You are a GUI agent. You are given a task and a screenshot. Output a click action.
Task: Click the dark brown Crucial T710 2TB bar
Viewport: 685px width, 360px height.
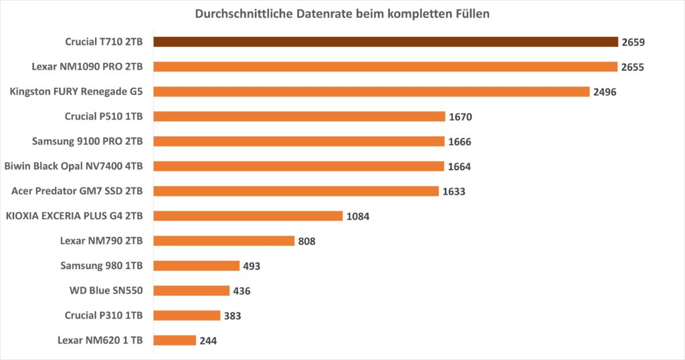(x=385, y=42)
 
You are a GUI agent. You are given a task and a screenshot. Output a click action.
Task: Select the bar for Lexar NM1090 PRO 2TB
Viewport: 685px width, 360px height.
(x=385, y=67)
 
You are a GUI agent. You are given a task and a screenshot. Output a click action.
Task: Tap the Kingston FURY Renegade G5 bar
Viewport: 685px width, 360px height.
(x=371, y=92)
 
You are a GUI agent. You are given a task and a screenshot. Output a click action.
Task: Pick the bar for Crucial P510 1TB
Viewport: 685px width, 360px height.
(x=299, y=116)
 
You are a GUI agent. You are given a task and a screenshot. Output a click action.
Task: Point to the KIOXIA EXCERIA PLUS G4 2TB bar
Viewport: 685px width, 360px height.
(x=248, y=216)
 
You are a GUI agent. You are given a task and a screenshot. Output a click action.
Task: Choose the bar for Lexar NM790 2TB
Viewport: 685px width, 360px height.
(x=224, y=241)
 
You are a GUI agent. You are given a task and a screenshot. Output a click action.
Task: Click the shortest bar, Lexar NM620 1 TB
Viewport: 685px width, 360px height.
(x=175, y=341)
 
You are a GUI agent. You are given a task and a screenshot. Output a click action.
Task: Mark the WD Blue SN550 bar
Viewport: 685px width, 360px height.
(x=191, y=291)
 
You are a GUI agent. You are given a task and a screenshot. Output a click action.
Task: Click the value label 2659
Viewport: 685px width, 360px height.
(x=632, y=42)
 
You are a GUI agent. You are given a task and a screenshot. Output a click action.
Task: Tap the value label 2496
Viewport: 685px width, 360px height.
(x=605, y=92)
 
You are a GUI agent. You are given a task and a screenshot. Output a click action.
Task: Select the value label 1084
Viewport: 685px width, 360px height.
(x=358, y=216)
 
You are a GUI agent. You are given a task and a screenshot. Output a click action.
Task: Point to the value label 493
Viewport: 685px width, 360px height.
(x=252, y=266)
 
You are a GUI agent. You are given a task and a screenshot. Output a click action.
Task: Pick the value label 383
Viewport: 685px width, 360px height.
(x=233, y=316)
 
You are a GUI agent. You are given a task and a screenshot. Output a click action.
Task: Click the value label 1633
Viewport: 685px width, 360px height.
(x=454, y=191)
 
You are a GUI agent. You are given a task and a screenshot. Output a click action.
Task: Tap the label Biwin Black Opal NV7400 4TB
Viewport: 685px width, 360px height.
(x=78, y=166)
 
